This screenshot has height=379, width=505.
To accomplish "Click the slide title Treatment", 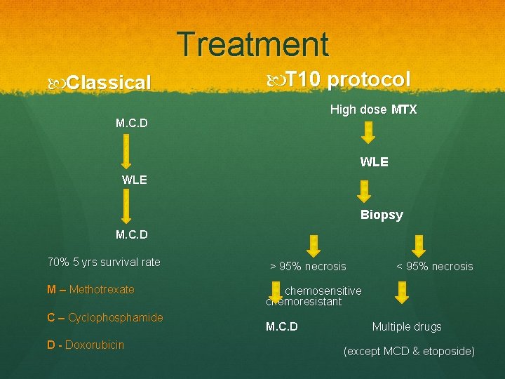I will coord(252,44).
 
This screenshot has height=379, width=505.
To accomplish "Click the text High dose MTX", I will coord(373,109).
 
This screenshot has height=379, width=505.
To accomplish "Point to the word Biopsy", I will coord(382,215).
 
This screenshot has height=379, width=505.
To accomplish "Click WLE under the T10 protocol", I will coord(374,162).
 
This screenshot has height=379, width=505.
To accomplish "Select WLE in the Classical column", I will coord(134,179).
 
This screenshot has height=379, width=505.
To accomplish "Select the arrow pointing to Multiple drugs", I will coord(402,292).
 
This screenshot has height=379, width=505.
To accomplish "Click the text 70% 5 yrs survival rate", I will coord(104,262).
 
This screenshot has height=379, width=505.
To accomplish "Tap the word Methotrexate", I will coord(102,289).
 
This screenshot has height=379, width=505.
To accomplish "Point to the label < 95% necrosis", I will coord(434,266).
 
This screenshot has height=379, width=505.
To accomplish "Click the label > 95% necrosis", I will coord(309,266).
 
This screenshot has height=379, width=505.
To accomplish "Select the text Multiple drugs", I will coord(407,326).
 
